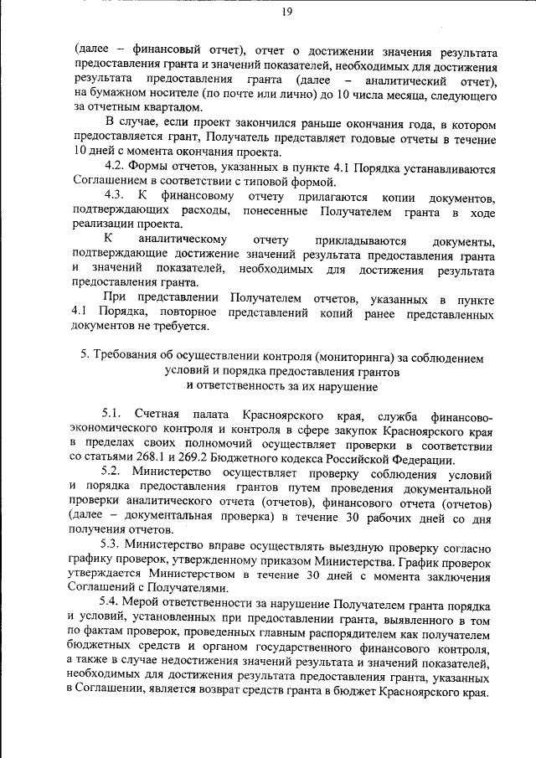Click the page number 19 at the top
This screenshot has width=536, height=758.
(x=286, y=11)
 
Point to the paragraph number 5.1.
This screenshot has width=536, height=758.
(x=113, y=415)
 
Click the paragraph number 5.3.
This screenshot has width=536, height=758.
(x=113, y=545)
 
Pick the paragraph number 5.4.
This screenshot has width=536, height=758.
(x=113, y=604)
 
